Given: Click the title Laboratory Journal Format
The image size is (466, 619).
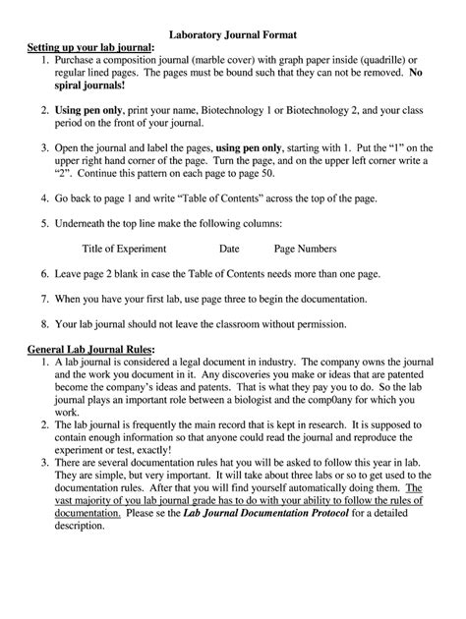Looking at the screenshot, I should point(232,31).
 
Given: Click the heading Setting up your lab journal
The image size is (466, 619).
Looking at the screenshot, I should point(89,46).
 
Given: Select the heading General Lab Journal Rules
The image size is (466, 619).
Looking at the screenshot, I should point(90,349).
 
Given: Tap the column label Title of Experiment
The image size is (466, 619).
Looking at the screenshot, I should point(124,249).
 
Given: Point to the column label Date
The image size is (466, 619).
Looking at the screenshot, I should point(229,249).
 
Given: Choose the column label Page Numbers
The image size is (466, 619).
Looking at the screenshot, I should point(305,249).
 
